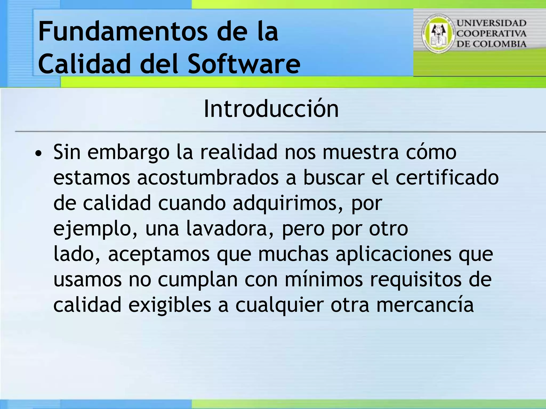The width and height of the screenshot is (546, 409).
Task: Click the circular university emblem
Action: (438, 34)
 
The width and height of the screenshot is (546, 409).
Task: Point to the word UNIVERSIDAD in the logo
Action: (492, 23)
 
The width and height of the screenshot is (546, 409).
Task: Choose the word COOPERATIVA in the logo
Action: (492, 34)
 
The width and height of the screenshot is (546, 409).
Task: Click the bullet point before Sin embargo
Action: (39, 154)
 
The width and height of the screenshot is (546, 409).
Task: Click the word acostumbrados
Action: (208, 178)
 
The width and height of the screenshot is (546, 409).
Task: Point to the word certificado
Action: (447, 178)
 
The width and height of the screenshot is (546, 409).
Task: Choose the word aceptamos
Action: (159, 255)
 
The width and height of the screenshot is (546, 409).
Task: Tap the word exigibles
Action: (170, 305)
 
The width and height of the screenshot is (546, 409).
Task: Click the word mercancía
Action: (425, 305)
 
